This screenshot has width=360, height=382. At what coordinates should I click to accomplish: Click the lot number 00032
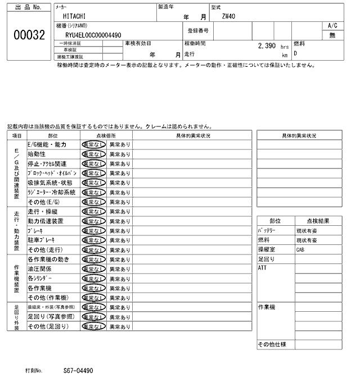click(x=29, y=35)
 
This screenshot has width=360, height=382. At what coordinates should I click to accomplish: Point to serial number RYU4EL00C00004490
click(x=93, y=35)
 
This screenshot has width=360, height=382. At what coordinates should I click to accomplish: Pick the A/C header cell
click(x=332, y=25)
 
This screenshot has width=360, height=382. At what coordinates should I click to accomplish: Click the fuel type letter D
click(x=295, y=53)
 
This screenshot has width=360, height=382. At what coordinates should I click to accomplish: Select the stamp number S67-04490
click(x=78, y=371)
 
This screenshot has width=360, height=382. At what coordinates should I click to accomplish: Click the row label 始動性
click(x=37, y=153)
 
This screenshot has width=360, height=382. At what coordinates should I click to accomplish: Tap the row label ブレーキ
click(x=36, y=230)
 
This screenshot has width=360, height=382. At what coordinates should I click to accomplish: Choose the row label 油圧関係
click(x=40, y=269)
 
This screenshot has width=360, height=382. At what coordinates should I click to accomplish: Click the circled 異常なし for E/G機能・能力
click(x=93, y=144)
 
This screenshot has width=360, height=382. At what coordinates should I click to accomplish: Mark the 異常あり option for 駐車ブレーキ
click(x=119, y=240)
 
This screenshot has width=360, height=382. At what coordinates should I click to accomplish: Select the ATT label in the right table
click(x=263, y=269)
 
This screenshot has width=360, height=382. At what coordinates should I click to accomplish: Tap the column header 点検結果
click(x=318, y=221)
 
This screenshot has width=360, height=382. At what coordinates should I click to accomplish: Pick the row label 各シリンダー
click(x=39, y=278)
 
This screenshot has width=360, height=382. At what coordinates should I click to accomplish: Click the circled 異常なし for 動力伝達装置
click(x=93, y=221)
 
